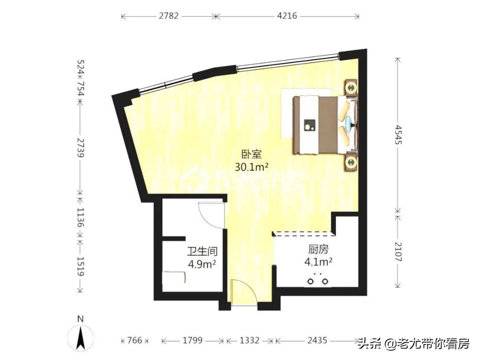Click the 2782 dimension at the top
168,16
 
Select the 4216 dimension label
287,16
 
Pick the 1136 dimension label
80,217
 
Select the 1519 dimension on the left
80,267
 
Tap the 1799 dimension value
192,340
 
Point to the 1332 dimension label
249,340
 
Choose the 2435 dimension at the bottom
317,340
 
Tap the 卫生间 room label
201,252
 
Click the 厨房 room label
318,250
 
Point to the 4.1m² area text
319,262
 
